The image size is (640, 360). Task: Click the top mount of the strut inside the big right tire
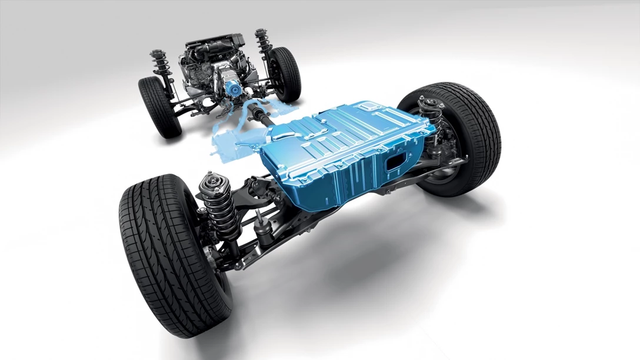point(431,105)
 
